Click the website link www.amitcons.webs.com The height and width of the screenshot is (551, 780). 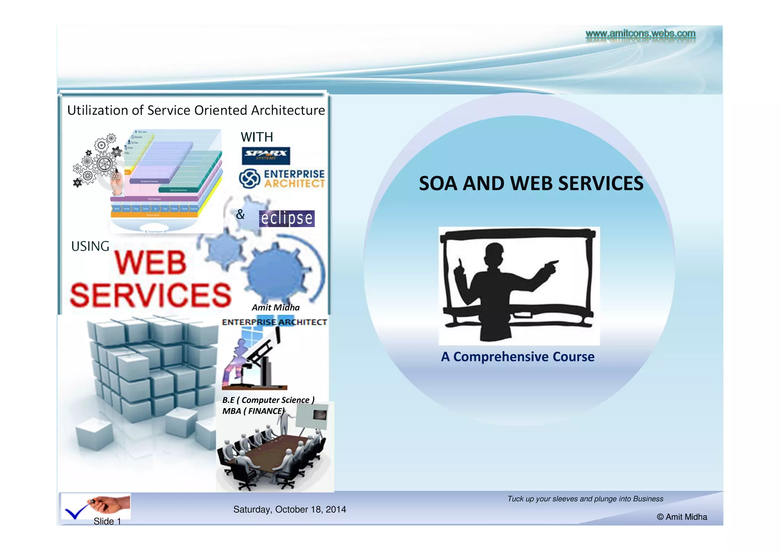pyautogui.click(x=640, y=34)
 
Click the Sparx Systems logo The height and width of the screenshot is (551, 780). pyautogui.click(x=265, y=155)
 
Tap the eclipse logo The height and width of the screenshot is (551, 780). pyautogui.click(x=287, y=218)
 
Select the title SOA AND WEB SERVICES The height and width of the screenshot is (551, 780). pyautogui.click(x=531, y=184)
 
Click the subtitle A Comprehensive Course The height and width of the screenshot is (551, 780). pyautogui.click(x=518, y=357)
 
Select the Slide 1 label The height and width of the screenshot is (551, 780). pyautogui.click(x=107, y=521)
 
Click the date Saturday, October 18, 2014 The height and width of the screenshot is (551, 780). pyautogui.click(x=289, y=509)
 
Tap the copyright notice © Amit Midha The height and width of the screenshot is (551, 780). pyautogui.click(x=682, y=517)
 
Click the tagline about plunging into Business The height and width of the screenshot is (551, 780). pyautogui.click(x=585, y=499)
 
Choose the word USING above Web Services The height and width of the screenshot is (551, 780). pyautogui.click(x=90, y=246)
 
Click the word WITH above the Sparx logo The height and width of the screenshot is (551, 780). pyautogui.click(x=257, y=137)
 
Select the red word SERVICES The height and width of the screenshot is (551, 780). pyautogui.click(x=151, y=295)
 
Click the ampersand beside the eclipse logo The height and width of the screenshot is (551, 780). pyautogui.click(x=240, y=214)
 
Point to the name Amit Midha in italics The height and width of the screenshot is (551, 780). pyautogui.click(x=275, y=307)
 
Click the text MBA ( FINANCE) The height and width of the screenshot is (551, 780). pyautogui.click(x=253, y=411)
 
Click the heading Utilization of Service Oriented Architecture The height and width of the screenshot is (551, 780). pyautogui.click(x=196, y=110)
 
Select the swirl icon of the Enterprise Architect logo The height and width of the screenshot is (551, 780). pyautogui.click(x=250, y=179)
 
